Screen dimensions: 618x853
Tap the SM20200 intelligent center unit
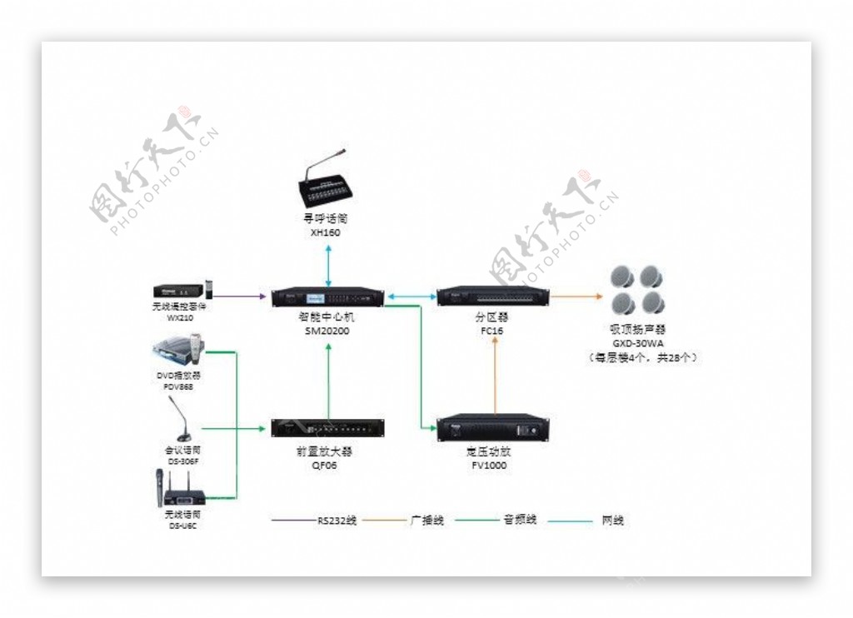tap(328, 297)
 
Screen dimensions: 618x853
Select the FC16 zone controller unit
tap(492, 296)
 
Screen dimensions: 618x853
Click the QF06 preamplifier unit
tap(327, 428)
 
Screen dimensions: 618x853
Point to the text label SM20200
tap(327, 331)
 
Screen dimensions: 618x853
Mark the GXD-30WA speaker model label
tap(638, 342)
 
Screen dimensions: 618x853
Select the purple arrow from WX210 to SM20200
tap(242, 296)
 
